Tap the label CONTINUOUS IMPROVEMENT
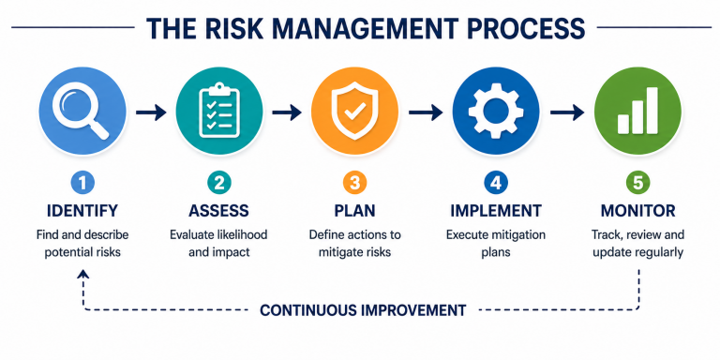(x=362, y=309)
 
